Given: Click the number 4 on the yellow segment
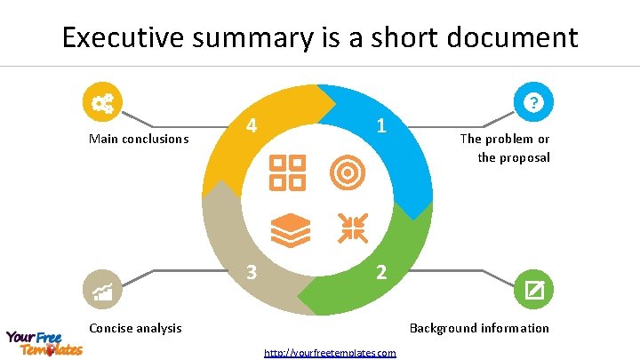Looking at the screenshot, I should (252, 126).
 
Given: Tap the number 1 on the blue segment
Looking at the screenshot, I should (380, 126).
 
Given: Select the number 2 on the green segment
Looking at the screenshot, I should (380, 272).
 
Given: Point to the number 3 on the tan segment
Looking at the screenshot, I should (252, 272).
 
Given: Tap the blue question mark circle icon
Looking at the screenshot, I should (533, 103).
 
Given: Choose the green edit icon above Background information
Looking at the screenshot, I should (533, 289).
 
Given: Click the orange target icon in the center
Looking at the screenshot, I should (348, 172).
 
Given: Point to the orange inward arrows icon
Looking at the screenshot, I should (352, 228).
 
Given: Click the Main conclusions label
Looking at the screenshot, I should (139, 139).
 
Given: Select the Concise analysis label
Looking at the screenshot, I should (135, 328).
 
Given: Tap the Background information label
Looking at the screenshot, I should (479, 328).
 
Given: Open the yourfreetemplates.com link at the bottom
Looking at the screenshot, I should (330, 353).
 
